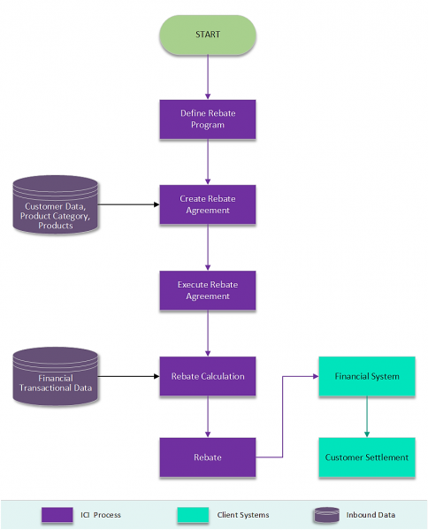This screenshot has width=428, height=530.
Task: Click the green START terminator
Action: (x=208, y=35)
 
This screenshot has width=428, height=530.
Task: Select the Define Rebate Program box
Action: (x=208, y=119)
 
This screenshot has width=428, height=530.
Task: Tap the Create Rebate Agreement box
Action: (x=208, y=204)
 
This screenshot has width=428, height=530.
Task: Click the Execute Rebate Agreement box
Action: (x=208, y=290)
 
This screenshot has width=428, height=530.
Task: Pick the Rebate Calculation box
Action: (x=208, y=376)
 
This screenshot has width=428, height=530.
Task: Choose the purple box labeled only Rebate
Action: (x=208, y=457)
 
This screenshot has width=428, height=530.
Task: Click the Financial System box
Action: (x=367, y=376)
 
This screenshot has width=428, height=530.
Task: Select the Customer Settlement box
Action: (x=367, y=457)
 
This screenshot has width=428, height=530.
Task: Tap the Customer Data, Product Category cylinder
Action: (x=56, y=207)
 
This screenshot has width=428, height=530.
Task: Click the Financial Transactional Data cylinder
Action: (x=56, y=379)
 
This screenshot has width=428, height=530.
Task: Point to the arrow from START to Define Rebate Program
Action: (x=208, y=76)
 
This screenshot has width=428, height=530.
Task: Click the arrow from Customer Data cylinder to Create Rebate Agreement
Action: (x=127, y=204)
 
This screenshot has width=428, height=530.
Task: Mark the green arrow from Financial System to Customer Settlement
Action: (x=367, y=417)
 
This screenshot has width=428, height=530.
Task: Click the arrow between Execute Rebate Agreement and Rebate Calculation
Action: (x=208, y=334)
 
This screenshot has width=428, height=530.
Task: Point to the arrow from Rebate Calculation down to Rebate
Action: (x=208, y=417)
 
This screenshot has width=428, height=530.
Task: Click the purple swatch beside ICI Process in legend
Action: (x=57, y=514)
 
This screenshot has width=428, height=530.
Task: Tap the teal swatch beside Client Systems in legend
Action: (x=193, y=514)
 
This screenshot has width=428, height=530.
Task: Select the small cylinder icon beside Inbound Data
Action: (x=326, y=514)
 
